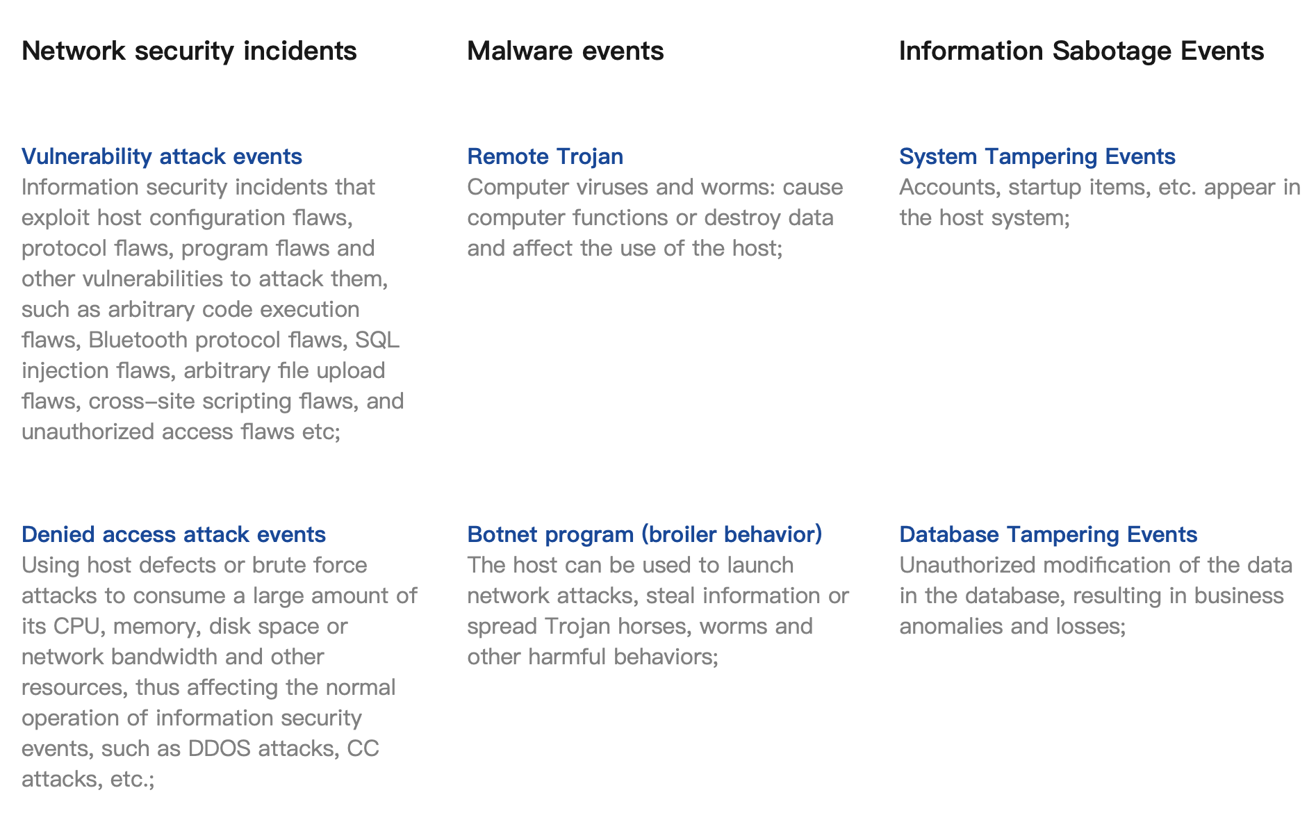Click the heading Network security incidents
pyautogui.click(x=189, y=51)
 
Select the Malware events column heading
pyautogui.click(x=566, y=51)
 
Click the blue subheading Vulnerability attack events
pyautogui.click(x=162, y=157)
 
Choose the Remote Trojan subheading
pyautogui.click(x=545, y=157)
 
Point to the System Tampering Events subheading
pyautogui.click(x=1037, y=157)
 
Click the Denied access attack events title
pyautogui.click(x=174, y=534)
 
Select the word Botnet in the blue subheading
pyautogui.click(x=502, y=534)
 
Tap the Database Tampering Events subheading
pyautogui.click(x=1048, y=534)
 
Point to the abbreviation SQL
pyautogui.click(x=377, y=340)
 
